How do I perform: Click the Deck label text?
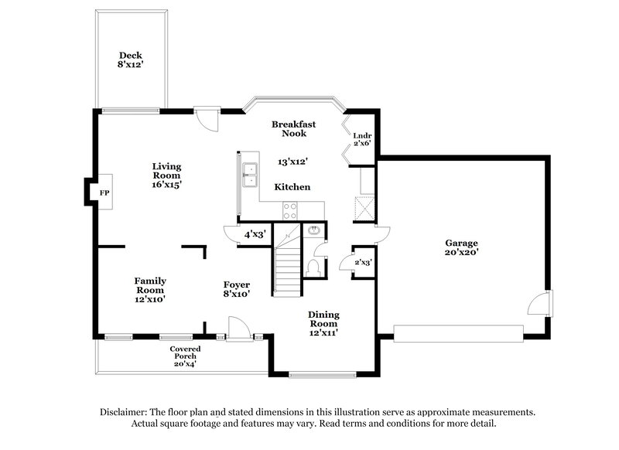tap(129, 55)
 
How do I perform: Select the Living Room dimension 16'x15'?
tap(166, 185)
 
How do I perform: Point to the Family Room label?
tap(150, 281)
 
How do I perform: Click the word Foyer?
tap(237, 285)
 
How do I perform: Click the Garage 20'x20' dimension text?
tap(461, 251)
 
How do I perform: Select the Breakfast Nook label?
tap(293, 128)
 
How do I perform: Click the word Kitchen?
tap(293, 187)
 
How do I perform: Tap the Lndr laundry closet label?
tap(362, 136)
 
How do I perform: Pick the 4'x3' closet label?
tap(255, 234)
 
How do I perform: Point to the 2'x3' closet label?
tap(362, 263)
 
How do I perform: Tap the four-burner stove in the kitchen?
tap(291, 210)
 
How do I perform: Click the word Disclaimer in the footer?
tap(125, 412)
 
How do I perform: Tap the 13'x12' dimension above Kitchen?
tap(293, 162)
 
